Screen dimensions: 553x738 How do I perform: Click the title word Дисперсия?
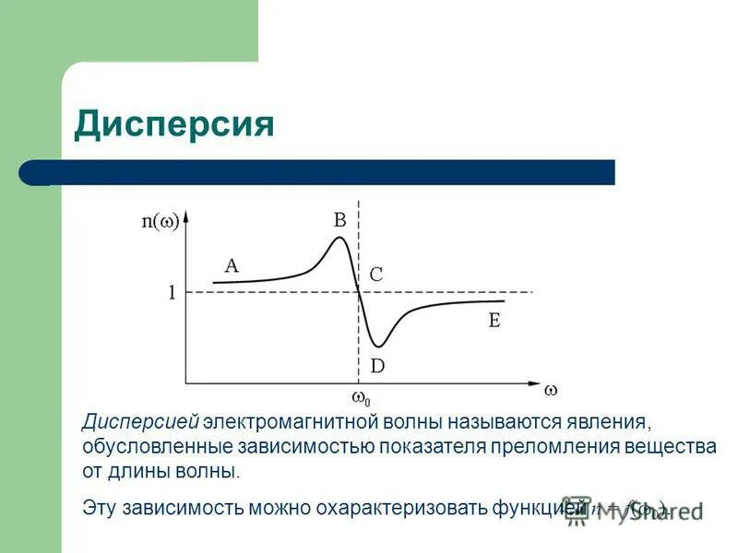[174, 123]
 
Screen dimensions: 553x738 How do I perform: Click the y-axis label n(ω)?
[160, 221]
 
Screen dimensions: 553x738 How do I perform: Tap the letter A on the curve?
[231, 265]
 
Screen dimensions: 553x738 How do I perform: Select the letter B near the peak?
[339, 219]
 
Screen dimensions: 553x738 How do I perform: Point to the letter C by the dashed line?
[376, 275]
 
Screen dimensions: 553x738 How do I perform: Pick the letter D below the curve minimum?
[377, 366]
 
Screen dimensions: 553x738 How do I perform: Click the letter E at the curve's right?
[494, 321]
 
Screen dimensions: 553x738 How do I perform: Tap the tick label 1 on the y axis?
[172, 293]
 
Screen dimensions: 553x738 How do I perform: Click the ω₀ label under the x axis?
[361, 399]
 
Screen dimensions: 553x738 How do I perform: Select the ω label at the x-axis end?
[551, 390]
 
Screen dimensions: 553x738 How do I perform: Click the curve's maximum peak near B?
[339, 239]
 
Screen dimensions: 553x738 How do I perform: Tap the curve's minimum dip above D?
[376, 346]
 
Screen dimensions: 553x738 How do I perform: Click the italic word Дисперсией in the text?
[140, 423]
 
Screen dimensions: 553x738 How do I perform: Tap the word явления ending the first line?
[612, 423]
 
